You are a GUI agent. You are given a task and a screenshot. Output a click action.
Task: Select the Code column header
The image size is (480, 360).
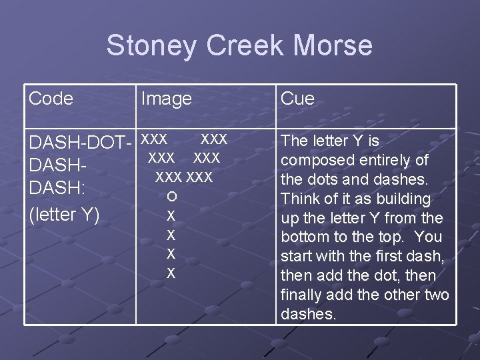point(51,99)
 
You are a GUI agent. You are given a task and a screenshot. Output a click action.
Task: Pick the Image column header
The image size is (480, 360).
point(166,99)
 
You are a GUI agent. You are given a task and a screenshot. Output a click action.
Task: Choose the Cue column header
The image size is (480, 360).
point(297,99)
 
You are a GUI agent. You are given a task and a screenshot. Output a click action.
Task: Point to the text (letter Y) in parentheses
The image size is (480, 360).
point(64,214)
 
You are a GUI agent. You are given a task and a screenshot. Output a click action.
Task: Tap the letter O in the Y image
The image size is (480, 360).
point(171,196)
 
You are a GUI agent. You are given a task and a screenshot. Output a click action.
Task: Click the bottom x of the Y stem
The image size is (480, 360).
point(171,273)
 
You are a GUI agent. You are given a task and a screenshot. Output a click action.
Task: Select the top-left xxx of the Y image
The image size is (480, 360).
point(155,139)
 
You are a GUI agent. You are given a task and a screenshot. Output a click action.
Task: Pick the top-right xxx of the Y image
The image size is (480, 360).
point(214,139)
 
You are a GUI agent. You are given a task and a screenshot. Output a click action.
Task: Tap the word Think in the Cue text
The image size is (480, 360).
point(299,199)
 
